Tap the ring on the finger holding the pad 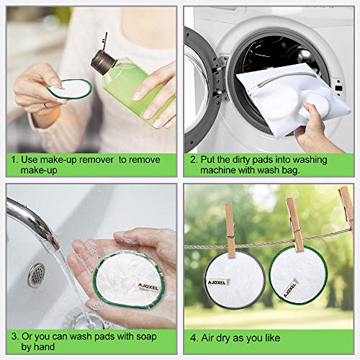click(45, 105)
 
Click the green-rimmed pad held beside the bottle click(70, 89)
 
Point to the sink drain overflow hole click(37, 274)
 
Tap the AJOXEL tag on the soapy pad click(148, 287)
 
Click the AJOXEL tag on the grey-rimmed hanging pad click(217, 282)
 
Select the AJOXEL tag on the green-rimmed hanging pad click(289, 289)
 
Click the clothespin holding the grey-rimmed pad click(230, 230)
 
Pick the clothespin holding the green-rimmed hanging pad click(295, 225)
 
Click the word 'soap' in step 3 click(146, 337)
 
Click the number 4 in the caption click(194, 338)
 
